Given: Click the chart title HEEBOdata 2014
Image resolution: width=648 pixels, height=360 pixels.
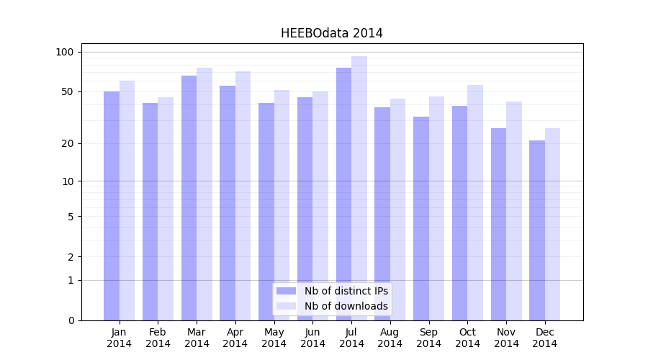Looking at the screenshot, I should point(331,33).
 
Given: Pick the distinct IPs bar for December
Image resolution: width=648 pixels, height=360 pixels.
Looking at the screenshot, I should point(537,230).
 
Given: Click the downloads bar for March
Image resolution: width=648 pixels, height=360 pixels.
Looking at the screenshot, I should point(204,194).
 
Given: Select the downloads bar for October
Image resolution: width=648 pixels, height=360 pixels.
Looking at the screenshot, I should point(475,202).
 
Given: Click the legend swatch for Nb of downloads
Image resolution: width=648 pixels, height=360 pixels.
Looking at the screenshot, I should point(286,306).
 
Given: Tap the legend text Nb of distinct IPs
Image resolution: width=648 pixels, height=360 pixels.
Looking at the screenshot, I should point(346,291).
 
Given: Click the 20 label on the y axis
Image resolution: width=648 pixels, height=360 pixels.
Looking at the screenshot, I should point(68,143).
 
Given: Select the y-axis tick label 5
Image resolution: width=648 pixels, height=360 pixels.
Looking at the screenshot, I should point(71,216).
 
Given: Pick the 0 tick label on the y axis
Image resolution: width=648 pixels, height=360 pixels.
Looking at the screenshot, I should point(71,320).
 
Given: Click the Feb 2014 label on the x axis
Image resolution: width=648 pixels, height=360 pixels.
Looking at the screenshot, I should point(158,338).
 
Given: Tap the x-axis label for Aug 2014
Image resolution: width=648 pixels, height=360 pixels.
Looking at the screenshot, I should point(390,338).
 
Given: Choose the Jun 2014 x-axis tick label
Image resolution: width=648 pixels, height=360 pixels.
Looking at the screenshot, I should point(312,338).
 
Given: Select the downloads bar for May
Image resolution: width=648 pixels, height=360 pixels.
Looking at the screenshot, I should point(282,205).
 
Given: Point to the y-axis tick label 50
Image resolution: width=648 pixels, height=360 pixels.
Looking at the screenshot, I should point(68,91).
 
